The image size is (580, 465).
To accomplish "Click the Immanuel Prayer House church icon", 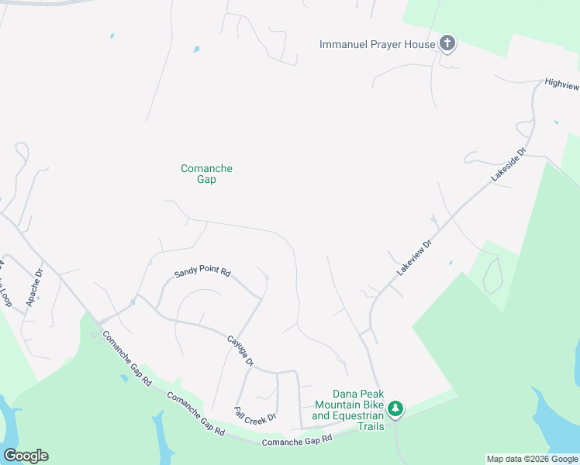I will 447,43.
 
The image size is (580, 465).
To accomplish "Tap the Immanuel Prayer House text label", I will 378,44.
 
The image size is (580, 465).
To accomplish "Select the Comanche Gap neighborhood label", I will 206,174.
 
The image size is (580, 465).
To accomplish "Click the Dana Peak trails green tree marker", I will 395,408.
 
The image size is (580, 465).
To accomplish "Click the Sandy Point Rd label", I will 202,272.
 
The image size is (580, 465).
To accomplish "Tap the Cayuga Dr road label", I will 240,351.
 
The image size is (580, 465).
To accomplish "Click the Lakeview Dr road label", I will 413,257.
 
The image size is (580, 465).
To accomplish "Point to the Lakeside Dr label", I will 508,166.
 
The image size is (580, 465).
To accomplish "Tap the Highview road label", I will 561,82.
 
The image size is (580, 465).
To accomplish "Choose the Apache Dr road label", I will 33,288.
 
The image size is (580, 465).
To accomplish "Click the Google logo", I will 26,455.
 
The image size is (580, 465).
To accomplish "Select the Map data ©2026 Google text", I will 533,459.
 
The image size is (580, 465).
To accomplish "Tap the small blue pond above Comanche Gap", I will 196,49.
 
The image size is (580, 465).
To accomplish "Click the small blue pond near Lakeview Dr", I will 451,263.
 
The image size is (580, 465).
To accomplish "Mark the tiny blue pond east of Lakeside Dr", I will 556,122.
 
